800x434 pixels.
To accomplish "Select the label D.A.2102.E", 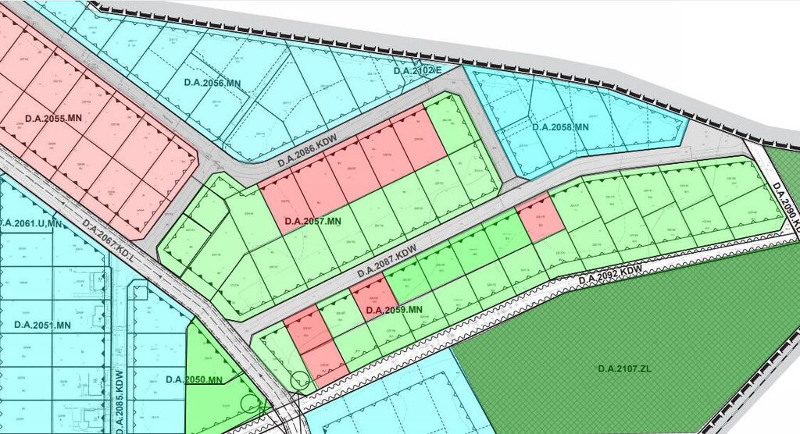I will [418, 71].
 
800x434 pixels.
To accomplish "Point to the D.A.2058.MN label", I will [559, 126].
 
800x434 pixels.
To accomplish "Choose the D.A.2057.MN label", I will [313, 222].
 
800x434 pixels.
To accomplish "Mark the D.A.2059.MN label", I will [394, 311].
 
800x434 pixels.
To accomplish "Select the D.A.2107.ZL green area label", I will [624, 368].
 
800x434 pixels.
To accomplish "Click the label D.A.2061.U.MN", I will [31, 224].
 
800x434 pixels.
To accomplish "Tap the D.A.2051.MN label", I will [42, 325].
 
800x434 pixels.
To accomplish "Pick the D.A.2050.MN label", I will [195, 379].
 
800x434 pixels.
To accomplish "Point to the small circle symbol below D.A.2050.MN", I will [250, 404].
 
